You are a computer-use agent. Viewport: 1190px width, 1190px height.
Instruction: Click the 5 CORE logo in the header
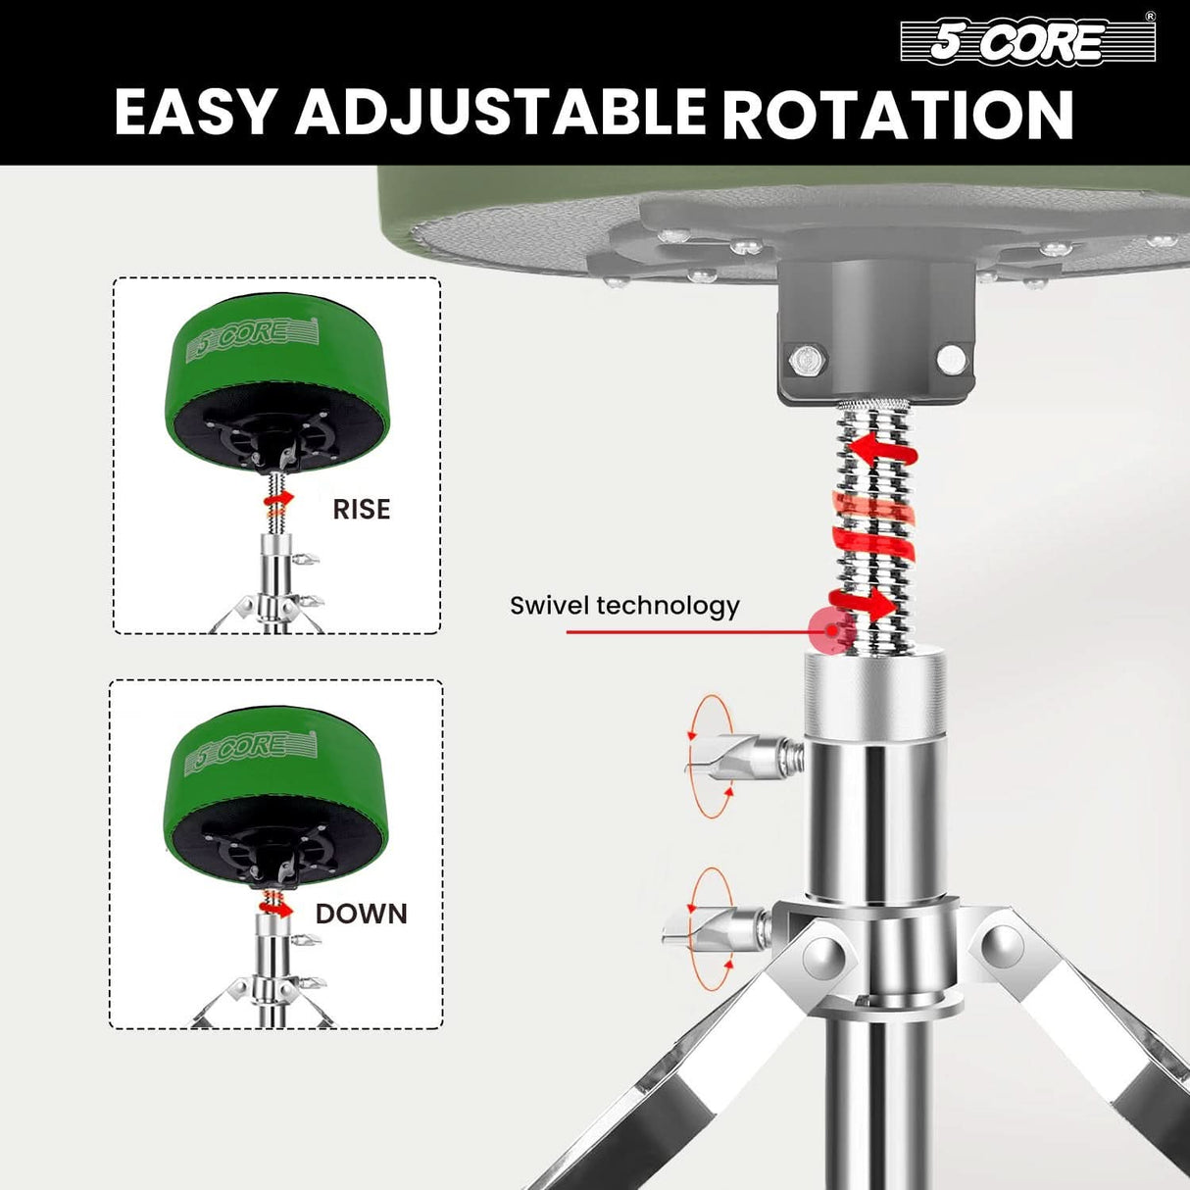point(1026,41)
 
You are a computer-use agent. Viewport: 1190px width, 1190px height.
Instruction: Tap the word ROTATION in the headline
point(898,114)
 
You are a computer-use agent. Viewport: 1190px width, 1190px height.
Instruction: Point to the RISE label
point(361,510)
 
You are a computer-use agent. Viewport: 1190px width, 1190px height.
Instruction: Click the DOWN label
point(361,914)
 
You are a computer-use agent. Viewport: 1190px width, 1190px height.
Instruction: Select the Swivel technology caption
point(624,606)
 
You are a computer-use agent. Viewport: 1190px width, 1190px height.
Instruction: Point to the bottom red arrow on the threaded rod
point(863,602)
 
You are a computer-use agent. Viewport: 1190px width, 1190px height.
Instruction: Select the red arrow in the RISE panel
point(278,500)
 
